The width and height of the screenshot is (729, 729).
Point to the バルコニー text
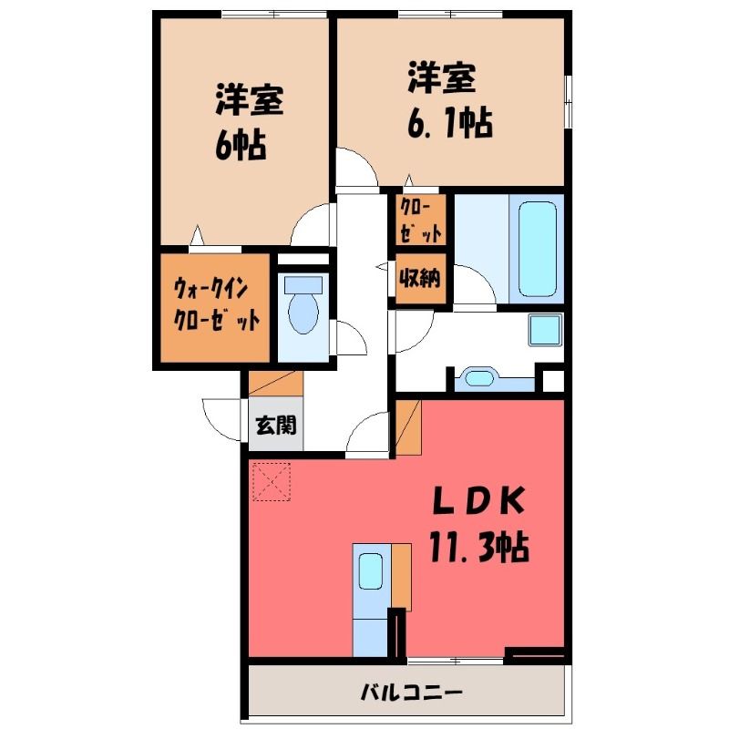click(412, 693)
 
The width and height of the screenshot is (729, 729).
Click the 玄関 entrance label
click(276, 425)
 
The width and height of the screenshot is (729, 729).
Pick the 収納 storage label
click(420, 278)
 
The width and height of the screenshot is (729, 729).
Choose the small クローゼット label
click(421, 220)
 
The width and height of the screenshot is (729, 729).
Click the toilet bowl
click(303, 313)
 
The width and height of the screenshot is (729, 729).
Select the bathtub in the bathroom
click(537, 249)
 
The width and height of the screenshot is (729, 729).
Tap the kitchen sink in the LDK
click(371, 571)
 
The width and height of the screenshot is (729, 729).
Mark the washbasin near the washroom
click(479, 377)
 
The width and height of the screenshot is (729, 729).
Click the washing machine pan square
click(545, 330)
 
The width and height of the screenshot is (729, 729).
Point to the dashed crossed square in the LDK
click(272, 482)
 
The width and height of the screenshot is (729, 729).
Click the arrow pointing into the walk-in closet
click(198, 235)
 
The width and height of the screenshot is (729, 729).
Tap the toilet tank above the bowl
click(303, 285)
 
